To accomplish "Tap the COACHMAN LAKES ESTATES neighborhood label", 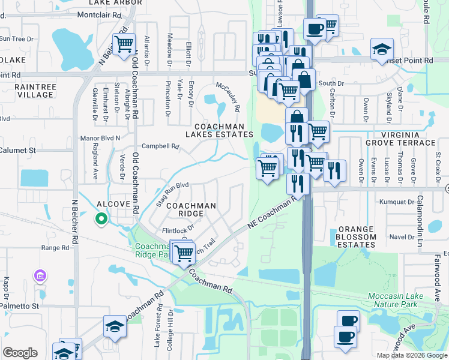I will (x=223, y=131).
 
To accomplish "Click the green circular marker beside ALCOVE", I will (x=101, y=219).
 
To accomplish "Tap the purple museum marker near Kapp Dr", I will (x=40, y=276).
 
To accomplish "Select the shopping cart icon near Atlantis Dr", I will (x=124, y=44).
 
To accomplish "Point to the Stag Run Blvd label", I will (x=172, y=193).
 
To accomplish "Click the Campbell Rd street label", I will (x=160, y=146).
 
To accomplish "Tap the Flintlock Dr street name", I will (x=179, y=229).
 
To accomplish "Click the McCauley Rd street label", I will (x=228, y=97).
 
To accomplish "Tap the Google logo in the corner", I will (x=20, y=352).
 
